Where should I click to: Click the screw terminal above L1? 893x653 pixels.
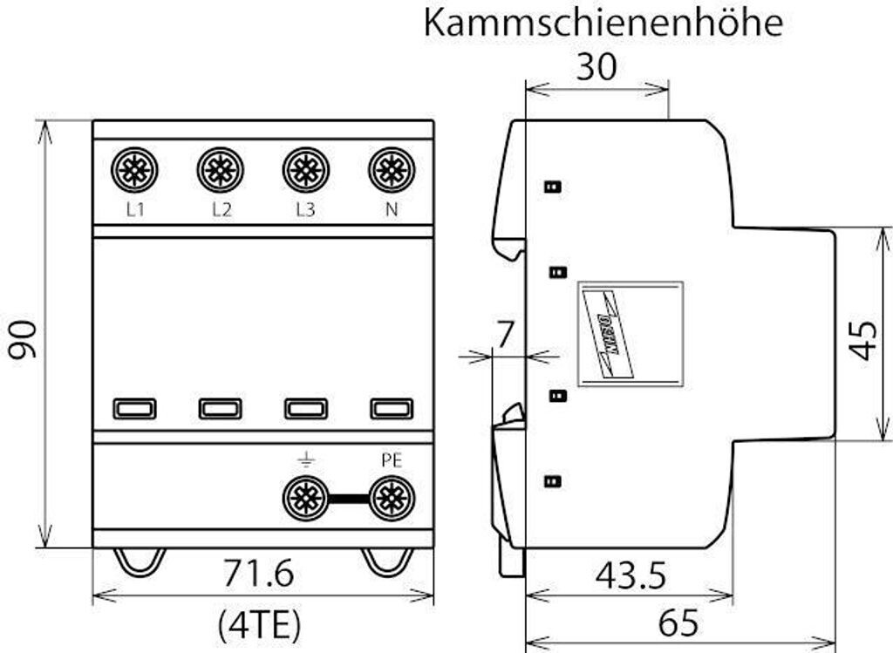134,169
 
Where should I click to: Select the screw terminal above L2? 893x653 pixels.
220,169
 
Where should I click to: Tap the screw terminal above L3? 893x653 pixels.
305,169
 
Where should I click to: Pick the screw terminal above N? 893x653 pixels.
392,169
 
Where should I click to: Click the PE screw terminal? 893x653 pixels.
392,500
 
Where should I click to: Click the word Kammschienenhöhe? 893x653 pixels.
603,24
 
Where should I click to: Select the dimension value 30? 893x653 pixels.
596,67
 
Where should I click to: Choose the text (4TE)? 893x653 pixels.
258,622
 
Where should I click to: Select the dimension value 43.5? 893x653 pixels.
631,575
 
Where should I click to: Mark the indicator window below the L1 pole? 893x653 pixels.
134,408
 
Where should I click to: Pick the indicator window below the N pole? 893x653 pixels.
392,408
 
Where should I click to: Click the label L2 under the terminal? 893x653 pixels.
221,210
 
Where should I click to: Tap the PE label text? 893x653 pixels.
392,460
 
